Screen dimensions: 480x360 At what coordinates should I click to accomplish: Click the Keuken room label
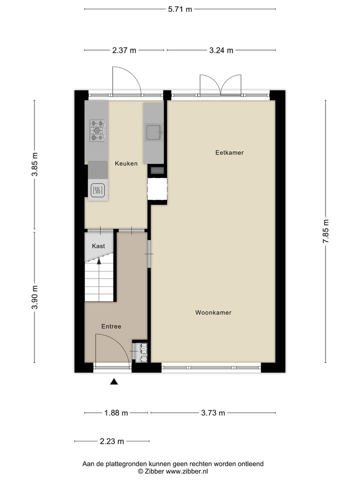[x=126, y=163]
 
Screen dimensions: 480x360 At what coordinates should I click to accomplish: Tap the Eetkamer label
[x=229, y=152]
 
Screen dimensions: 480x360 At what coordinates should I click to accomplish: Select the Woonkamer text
[x=213, y=312]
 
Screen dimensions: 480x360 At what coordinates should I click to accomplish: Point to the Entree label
[x=111, y=326]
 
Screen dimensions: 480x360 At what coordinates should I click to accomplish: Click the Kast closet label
[x=98, y=246]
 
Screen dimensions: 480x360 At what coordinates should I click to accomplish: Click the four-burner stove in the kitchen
[x=97, y=130]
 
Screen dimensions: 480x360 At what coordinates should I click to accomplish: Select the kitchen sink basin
[x=153, y=132]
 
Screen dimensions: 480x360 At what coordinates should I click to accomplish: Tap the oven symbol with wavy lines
[x=98, y=190]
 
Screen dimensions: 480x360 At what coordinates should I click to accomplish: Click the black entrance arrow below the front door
[x=114, y=382]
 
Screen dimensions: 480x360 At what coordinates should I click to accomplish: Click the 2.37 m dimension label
[x=123, y=50]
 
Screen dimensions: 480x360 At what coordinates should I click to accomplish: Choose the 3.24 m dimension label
[x=220, y=50]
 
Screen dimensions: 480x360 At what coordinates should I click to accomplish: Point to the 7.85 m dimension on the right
[x=326, y=231]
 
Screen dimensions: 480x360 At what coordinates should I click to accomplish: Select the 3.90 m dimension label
[x=34, y=297]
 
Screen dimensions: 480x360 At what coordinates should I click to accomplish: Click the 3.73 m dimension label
[x=212, y=413]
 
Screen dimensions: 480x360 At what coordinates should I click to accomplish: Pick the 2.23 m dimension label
[x=111, y=441]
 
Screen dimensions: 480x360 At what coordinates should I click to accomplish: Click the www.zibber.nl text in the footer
[x=187, y=471]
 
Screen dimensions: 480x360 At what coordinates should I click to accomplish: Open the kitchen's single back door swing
[x=126, y=81]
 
